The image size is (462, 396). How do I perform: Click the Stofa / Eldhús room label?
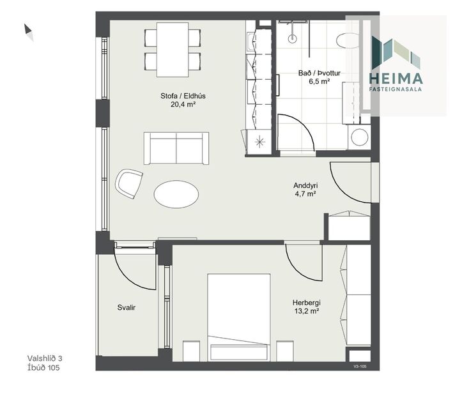click(178, 97)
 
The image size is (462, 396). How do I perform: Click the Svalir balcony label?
click(126, 307)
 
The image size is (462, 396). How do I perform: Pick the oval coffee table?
click(176, 192)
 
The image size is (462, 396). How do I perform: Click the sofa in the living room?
click(176, 148)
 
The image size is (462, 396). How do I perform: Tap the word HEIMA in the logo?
click(396, 79)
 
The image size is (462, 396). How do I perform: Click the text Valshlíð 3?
click(45, 358)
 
